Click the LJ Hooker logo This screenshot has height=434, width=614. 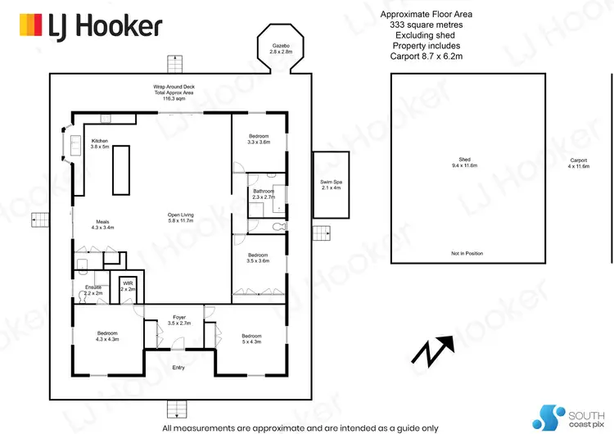(90, 27)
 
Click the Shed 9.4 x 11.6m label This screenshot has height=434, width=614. (467, 162)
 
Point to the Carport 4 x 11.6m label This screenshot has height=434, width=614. (578, 163)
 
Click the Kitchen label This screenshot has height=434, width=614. (99, 143)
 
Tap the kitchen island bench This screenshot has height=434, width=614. (120, 169)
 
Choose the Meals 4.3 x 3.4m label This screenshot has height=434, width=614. (103, 224)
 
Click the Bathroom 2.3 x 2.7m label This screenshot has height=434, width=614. (264, 193)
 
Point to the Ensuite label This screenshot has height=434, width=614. (93, 289)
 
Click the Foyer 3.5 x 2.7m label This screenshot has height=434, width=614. (178, 321)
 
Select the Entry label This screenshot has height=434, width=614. (178, 367)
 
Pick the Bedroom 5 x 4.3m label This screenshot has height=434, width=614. (251, 339)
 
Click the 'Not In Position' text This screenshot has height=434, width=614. (467, 253)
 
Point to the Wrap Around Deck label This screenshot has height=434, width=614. (172, 91)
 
